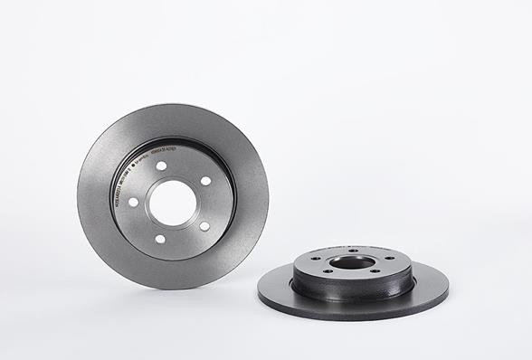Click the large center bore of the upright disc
(174, 204)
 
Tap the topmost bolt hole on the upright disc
(161, 166)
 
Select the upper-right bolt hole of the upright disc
(205, 181)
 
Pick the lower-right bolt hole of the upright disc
(204, 226)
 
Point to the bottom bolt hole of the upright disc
(160, 239)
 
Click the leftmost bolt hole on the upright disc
(133, 202)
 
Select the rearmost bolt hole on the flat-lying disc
(353, 251)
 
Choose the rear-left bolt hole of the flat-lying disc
(317, 257)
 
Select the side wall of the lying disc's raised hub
(353, 289)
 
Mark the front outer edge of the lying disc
(353, 317)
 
